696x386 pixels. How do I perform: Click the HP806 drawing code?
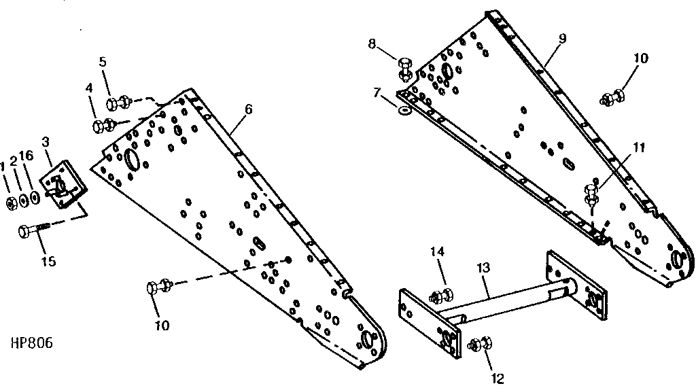pyautogui.click(x=31, y=343)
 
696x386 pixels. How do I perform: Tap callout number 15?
pyautogui.click(x=48, y=262)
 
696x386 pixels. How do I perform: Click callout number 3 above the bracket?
pyautogui.click(x=46, y=142)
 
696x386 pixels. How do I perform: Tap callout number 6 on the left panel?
pyautogui.click(x=248, y=109)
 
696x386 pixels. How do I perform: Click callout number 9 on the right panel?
pyautogui.click(x=562, y=38)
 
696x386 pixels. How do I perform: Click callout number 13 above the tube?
pyautogui.click(x=483, y=268)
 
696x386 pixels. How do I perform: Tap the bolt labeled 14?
pyautogui.click(x=442, y=295)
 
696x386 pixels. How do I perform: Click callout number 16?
pyautogui.click(x=27, y=155)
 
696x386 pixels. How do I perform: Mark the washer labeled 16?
pyautogui.click(x=35, y=197)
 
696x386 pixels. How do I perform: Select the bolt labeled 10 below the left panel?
pyautogui.click(x=159, y=287)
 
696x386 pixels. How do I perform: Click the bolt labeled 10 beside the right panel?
pyautogui.click(x=612, y=97)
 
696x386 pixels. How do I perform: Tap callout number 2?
pyautogui.click(x=14, y=160)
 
